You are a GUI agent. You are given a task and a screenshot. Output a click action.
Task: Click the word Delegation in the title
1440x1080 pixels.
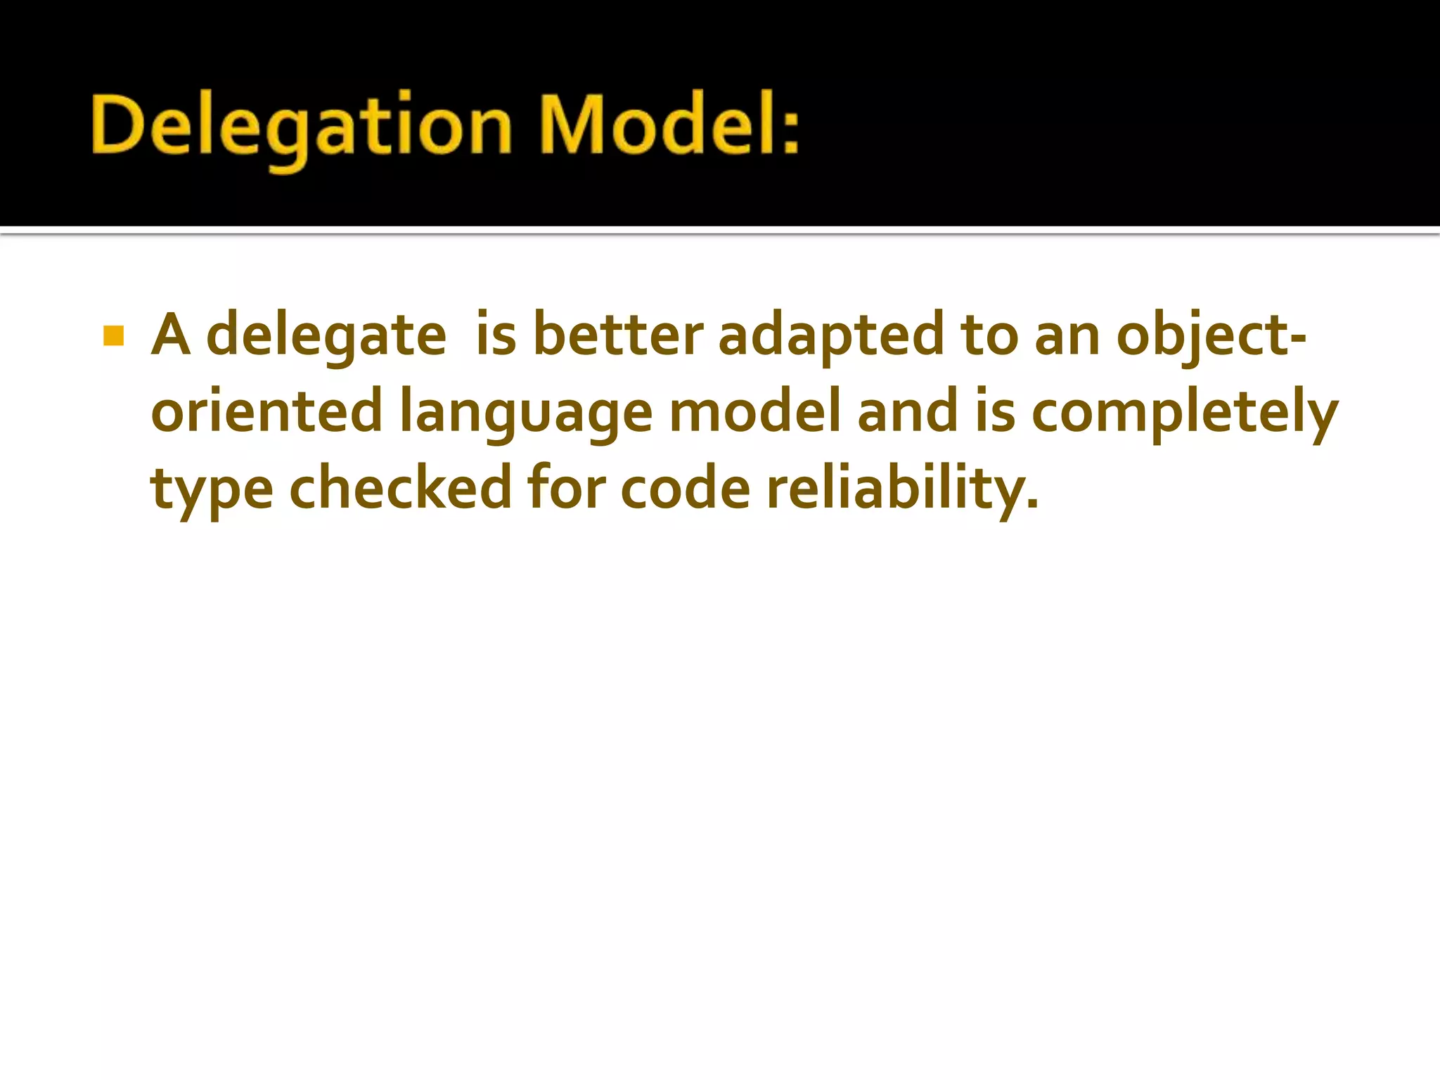(x=301, y=127)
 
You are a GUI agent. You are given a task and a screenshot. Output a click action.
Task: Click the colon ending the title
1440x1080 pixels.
(x=791, y=131)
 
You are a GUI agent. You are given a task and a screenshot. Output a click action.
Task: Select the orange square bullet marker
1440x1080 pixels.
(x=113, y=336)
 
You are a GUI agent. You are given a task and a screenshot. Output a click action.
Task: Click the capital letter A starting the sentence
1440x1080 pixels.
(x=171, y=335)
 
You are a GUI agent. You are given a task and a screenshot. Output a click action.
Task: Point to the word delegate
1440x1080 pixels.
(x=326, y=336)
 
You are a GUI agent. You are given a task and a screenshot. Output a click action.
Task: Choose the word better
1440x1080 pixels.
(x=617, y=335)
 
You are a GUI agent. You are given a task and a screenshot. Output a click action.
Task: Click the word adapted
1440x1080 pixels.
(x=830, y=336)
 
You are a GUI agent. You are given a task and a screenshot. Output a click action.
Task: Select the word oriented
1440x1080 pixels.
(x=266, y=412)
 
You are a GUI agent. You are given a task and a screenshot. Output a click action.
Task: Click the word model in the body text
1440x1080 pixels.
(x=754, y=411)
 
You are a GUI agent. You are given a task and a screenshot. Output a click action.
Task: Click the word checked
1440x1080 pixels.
(x=401, y=488)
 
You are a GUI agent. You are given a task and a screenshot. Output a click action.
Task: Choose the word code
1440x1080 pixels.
(x=686, y=488)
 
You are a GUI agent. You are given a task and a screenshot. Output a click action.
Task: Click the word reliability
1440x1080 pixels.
(x=901, y=489)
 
